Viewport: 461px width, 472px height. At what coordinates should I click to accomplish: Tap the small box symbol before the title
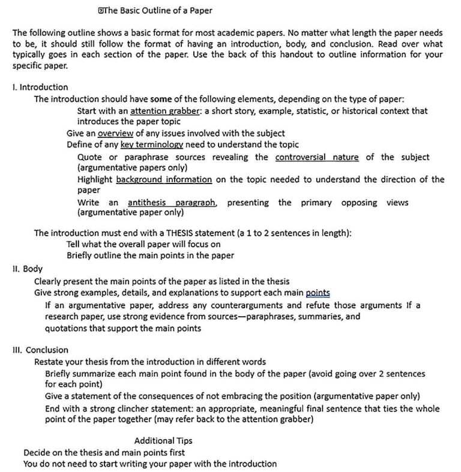click(x=101, y=10)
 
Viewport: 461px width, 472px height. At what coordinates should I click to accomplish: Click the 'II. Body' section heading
click(x=27, y=269)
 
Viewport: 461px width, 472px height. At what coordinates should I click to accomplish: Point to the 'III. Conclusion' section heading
click(x=40, y=350)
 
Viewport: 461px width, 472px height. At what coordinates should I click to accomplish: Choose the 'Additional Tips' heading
click(x=163, y=441)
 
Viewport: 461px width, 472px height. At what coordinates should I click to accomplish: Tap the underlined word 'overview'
click(x=116, y=133)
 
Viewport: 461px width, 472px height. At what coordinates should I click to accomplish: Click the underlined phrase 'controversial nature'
click(x=316, y=157)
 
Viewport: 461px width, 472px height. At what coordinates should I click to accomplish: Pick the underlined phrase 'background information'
click(x=164, y=179)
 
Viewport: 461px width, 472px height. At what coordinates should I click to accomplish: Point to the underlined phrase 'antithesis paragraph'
click(x=172, y=203)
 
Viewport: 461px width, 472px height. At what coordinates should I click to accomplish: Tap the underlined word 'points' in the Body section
click(x=318, y=293)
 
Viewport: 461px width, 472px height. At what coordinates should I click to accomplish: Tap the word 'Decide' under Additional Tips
click(x=37, y=452)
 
